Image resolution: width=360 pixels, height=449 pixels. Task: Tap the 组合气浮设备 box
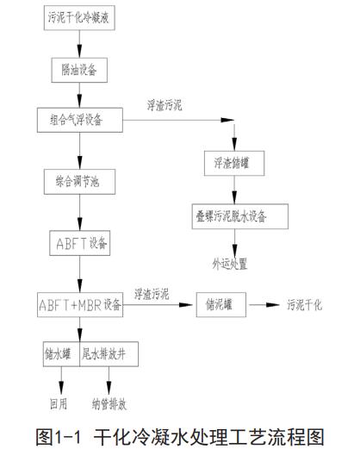tap(78, 119)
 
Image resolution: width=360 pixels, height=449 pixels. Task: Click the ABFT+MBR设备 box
tap(80, 305)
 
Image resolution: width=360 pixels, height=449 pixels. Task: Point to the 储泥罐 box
tap(220, 305)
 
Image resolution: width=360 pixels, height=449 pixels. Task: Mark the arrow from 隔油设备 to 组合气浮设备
tap(79, 92)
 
